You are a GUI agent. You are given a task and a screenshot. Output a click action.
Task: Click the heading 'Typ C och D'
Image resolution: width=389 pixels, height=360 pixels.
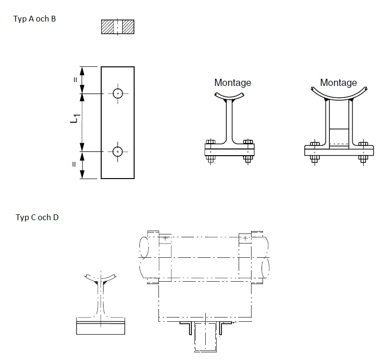point(37,217)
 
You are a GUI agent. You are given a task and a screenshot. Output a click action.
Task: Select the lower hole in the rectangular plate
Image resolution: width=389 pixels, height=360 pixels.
point(117,152)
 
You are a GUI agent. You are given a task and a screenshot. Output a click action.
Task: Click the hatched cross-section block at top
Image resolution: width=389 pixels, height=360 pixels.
point(117,27)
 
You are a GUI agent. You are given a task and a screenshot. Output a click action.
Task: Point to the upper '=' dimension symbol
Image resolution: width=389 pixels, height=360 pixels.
point(74,80)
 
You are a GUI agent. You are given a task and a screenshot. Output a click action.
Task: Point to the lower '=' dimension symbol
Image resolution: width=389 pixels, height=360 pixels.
point(74,165)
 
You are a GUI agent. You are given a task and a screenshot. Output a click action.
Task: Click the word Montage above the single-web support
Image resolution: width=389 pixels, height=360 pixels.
point(232,83)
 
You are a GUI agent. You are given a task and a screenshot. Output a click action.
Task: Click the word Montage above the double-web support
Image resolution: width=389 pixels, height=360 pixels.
point(338,83)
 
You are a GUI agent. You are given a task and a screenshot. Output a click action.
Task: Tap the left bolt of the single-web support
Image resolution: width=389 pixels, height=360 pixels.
point(210,151)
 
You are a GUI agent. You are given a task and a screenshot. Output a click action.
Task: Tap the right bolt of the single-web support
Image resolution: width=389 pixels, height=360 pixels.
point(247,151)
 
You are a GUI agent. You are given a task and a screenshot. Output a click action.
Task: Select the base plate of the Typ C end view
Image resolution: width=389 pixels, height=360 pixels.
point(101,326)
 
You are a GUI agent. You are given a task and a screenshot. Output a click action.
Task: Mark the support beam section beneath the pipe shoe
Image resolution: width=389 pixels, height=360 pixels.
point(205,337)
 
